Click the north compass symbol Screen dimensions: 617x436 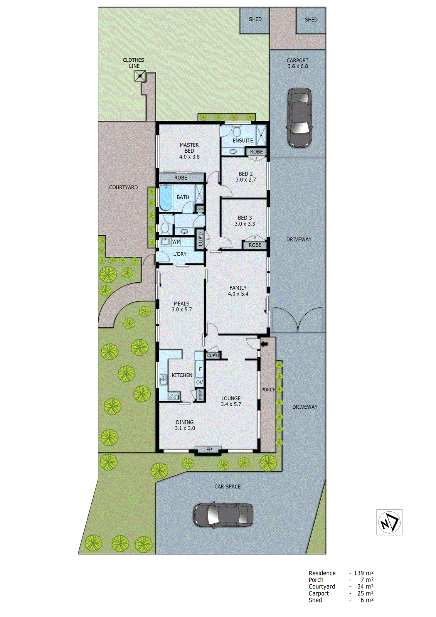tap(389, 522)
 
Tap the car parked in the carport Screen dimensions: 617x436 tap(300, 118)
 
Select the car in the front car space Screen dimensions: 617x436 tap(223, 515)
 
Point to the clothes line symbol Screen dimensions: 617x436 tap(140, 76)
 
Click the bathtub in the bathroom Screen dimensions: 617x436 tap(166, 198)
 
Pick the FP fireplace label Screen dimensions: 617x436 tap(209, 450)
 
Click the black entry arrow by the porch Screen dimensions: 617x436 tap(264, 344)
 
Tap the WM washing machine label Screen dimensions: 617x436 tap(176, 242)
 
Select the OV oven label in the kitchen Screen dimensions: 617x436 tap(199, 383)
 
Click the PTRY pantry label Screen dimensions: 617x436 tap(200, 395)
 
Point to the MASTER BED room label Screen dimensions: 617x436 tap(189, 148)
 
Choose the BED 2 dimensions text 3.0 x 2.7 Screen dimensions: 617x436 tap(246, 180)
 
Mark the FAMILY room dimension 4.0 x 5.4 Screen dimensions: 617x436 tap(238, 294)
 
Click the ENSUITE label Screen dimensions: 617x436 tap(243, 141)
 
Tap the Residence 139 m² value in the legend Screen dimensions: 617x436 tap(364, 573)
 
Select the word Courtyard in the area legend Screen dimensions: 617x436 tap(322, 587)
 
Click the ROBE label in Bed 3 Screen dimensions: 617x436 tap(255, 245)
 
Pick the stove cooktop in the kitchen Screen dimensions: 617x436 tap(173, 396)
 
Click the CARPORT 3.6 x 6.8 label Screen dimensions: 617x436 tap(298, 63)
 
